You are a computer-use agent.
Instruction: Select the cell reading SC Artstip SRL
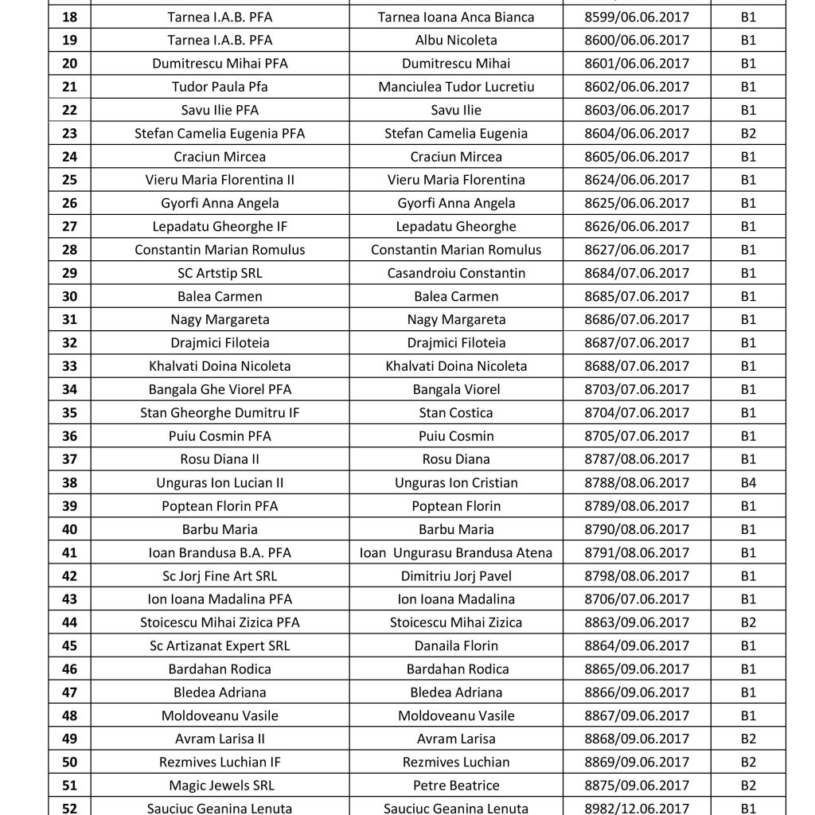coord(220,273)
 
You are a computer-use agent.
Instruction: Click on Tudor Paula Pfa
coord(220,87)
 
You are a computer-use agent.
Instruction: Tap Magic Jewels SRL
coord(220,786)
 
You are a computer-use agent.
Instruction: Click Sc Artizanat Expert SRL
coord(220,645)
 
